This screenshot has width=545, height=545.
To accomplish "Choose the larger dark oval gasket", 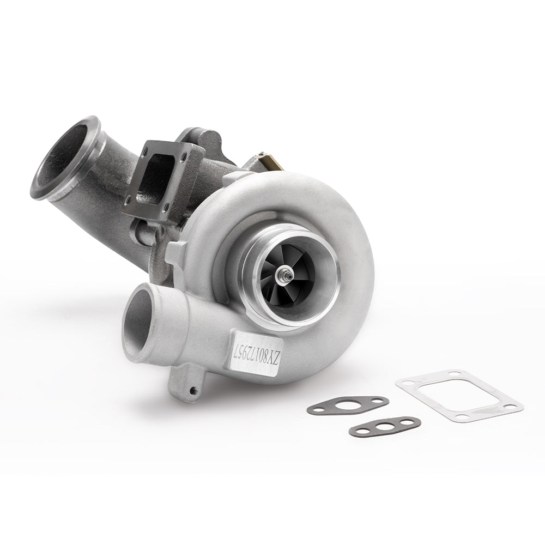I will pos(348,405).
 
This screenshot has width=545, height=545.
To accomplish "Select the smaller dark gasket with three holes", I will pos(384,427).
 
